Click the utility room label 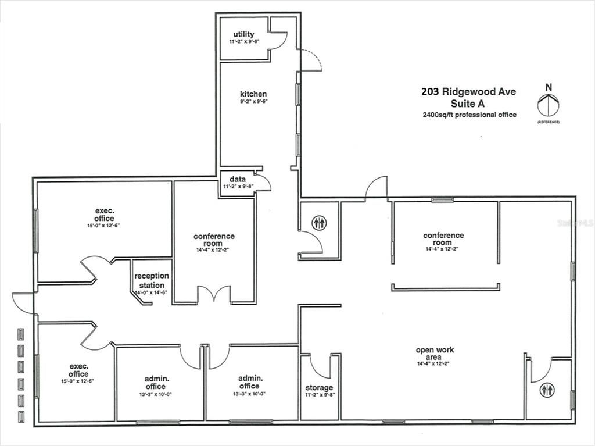pyautogui.click(x=243, y=35)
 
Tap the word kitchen pyautogui.click(x=253, y=94)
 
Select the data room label pyautogui.click(x=236, y=179)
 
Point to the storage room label pyautogui.click(x=319, y=388)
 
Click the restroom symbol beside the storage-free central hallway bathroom pyautogui.click(x=319, y=222)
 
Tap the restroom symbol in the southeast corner pyautogui.click(x=546, y=390)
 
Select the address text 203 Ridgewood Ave pyautogui.click(x=468, y=91)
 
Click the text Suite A pyautogui.click(x=468, y=104)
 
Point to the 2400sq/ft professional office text pyautogui.click(x=469, y=115)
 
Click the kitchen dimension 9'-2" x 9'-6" pyautogui.click(x=253, y=101)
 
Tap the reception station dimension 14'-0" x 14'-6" pyautogui.click(x=152, y=292)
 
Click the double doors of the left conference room pyautogui.click(x=214, y=294)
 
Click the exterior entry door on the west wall pyautogui.click(x=23, y=302)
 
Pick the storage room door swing pyautogui.click(x=320, y=365)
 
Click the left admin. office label pyautogui.click(x=156, y=383)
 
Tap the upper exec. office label pyautogui.click(x=105, y=215)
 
